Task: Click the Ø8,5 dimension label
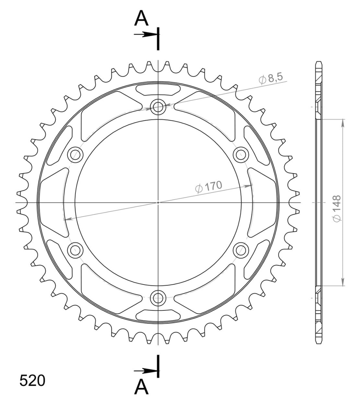point(271,79)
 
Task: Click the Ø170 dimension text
point(209,187)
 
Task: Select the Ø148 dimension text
point(337,209)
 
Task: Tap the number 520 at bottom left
point(32,381)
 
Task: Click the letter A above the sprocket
point(141,18)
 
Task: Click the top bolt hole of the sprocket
point(158,107)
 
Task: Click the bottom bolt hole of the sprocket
point(158,298)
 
